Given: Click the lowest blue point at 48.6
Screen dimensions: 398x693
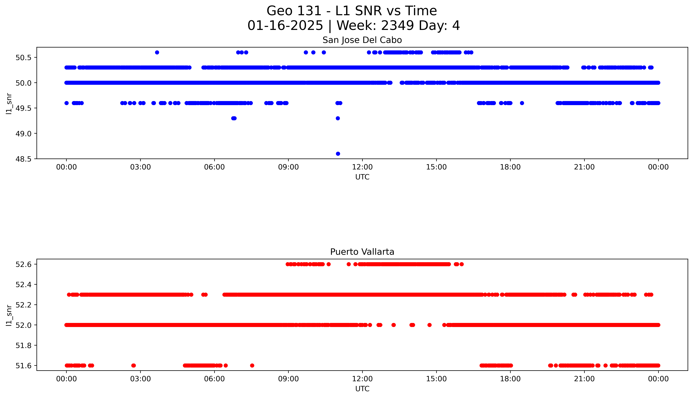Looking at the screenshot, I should coord(338,154).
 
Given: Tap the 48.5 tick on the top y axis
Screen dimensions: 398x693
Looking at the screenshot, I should coord(23,159).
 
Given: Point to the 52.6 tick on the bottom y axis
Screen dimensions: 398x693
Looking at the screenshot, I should coord(23,264).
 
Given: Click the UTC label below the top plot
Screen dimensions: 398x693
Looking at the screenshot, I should coord(362,177).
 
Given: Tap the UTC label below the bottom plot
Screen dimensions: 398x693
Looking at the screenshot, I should coord(362,389).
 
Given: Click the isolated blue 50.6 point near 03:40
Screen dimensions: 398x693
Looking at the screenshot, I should coord(157,52).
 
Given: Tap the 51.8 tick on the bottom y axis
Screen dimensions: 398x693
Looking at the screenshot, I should coord(23,346).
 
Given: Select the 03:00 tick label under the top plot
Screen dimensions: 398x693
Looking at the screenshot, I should coord(140,167).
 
